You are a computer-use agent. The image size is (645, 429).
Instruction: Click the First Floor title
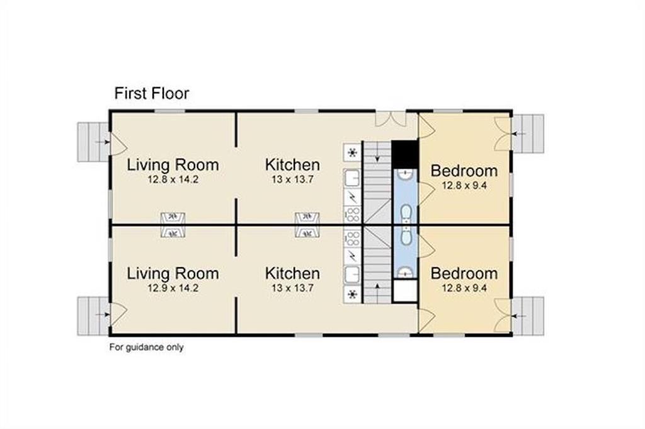tap(151, 93)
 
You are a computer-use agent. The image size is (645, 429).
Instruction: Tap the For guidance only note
tap(146, 347)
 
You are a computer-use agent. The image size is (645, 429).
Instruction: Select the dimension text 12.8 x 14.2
tap(173, 180)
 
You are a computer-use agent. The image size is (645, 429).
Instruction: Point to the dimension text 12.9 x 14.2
tap(173, 288)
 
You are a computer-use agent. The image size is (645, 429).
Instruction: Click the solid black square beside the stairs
tap(404, 154)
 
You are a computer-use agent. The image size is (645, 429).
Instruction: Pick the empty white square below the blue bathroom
tap(405, 291)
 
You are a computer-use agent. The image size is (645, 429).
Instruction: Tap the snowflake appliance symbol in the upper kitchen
tap(353, 153)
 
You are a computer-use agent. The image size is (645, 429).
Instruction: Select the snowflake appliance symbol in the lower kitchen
tap(353, 294)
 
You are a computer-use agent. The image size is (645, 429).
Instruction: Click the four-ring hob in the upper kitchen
tap(353, 214)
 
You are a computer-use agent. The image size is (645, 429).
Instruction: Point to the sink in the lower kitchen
tap(353, 275)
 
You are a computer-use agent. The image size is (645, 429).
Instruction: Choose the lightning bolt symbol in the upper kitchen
tap(353, 197)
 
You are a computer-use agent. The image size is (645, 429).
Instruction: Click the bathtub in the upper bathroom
tap(406, 214)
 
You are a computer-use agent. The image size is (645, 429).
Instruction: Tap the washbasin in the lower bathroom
tap(406, 272)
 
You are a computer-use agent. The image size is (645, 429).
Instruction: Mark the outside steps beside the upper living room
tap(94, 142)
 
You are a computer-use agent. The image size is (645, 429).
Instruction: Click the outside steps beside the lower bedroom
tap(528, 316)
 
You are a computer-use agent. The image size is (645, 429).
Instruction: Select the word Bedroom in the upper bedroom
tap(464, 171)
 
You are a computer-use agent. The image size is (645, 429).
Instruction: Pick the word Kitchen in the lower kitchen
tap(292, 273)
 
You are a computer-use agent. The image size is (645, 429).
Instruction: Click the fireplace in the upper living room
tap(173, 219)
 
